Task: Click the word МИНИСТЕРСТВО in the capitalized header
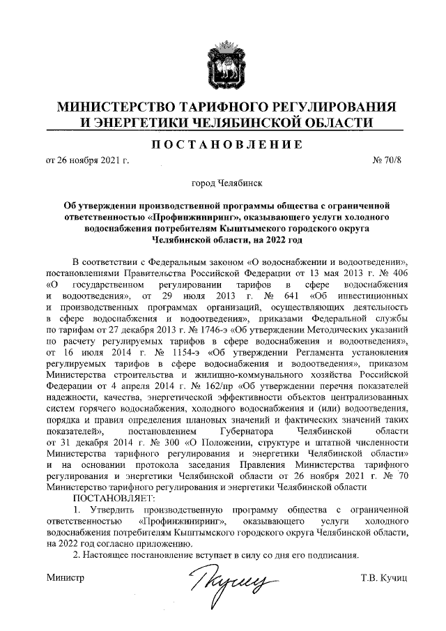114,107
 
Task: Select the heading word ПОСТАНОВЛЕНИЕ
223,145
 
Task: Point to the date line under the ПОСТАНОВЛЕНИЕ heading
88,161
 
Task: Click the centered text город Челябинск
223,184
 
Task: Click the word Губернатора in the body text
234,431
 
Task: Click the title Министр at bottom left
65,579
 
